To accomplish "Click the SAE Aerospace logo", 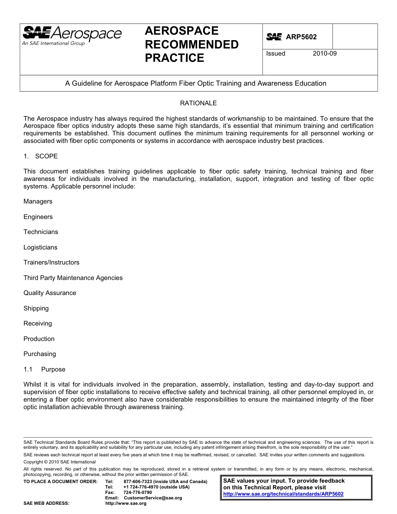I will (72, 36).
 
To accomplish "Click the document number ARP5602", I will (301, 37).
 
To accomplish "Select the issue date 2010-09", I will (324, 53).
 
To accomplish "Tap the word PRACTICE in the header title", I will (174, 58).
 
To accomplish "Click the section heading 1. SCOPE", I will (41, 156).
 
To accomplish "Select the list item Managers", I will (38, 201).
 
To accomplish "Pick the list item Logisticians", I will (41, 247).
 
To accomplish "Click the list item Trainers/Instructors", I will (51, 262).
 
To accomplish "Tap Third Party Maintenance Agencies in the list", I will (73, 278).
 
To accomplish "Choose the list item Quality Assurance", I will (50, 293).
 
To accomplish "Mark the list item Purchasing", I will (40, 354).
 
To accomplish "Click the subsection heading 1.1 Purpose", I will (45, 369).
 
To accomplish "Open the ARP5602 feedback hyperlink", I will (283, 494).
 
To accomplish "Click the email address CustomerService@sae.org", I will (153, 498).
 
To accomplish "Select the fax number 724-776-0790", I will (137, 493).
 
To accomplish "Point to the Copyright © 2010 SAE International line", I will (60, 462).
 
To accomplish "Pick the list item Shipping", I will (36, 308).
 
